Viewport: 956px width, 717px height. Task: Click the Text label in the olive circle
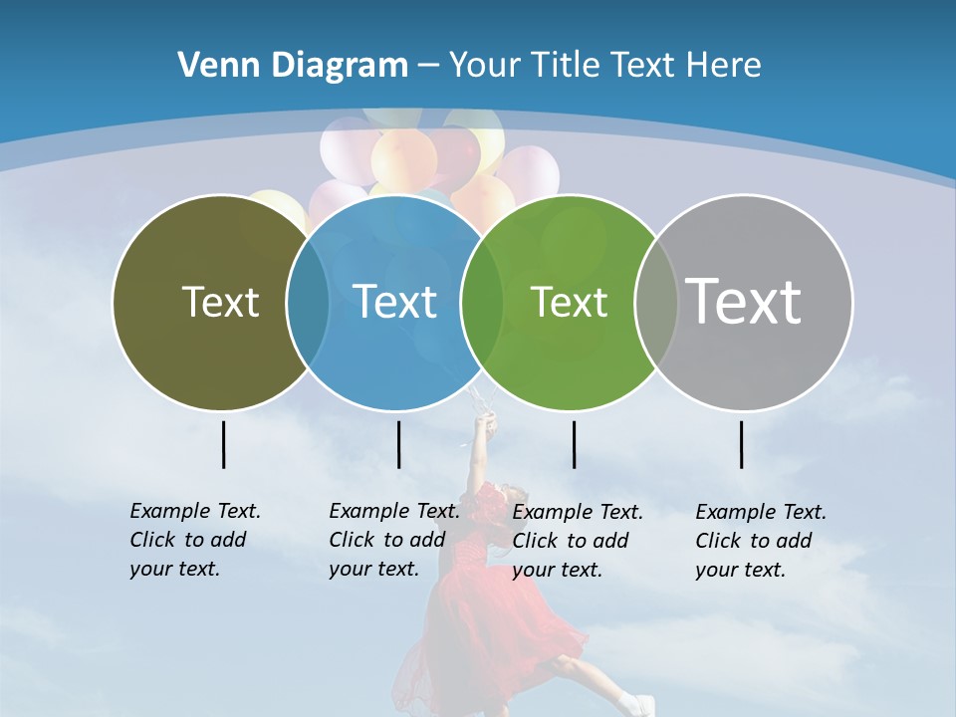click(x=220, y=302)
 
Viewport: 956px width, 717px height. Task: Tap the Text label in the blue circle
click(x=394, y=302)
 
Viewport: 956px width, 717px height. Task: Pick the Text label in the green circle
click(x=569, y=302)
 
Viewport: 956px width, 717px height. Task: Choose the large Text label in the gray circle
click(x=744, y=301)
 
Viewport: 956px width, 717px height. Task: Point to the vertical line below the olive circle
click(x=223, y=444)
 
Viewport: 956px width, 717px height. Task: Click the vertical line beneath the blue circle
click(x=398, y=444)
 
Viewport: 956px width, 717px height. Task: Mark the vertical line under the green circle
click(x=574, y=444)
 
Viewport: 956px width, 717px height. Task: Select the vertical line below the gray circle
click(x=742, y=444)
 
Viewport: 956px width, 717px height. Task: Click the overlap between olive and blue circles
click(x=308, y=303)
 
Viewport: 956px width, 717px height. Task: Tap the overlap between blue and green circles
click(x=482, y=303)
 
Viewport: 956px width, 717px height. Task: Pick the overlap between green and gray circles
click(x=656, y=303)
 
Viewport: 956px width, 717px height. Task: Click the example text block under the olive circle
click(x=194, y=540)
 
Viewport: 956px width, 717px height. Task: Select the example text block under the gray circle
click(x=760, y=541)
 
